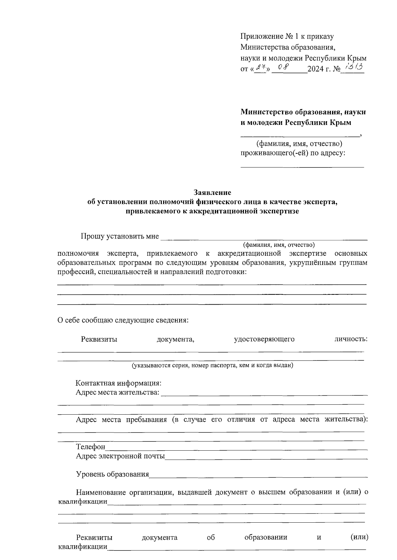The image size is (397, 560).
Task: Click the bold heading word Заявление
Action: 212,192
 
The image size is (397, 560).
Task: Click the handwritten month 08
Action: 284,67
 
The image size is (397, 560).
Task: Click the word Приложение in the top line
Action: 261,36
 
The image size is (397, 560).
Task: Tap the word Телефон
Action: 91,447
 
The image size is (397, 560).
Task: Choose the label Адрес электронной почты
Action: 120,456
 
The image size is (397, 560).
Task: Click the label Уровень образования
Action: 112,474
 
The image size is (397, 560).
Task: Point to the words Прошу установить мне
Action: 120,237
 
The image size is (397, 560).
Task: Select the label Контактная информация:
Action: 118,383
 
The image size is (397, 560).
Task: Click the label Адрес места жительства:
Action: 117,393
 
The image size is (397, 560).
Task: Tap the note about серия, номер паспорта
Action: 213,365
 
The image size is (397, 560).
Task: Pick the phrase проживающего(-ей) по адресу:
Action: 293,153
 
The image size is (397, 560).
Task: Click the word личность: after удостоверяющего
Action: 351,339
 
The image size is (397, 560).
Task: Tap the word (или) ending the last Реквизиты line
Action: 359,537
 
